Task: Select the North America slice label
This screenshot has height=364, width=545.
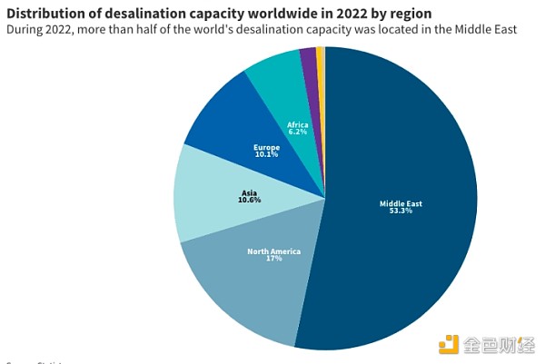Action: click(273, 251)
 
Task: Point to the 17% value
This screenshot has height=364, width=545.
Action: click(273, 259)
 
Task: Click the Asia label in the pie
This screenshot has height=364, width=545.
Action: click(250, 192)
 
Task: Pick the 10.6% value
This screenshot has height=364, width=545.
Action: click(250, 200)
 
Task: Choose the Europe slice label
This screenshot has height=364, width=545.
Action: click(267, 146)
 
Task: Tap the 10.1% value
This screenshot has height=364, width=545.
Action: click(267, 153)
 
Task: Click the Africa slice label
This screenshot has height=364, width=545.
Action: click(297, 124)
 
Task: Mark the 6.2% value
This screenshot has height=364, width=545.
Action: click(297, 132)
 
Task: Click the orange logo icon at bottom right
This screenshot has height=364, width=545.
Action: click(449, 345)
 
